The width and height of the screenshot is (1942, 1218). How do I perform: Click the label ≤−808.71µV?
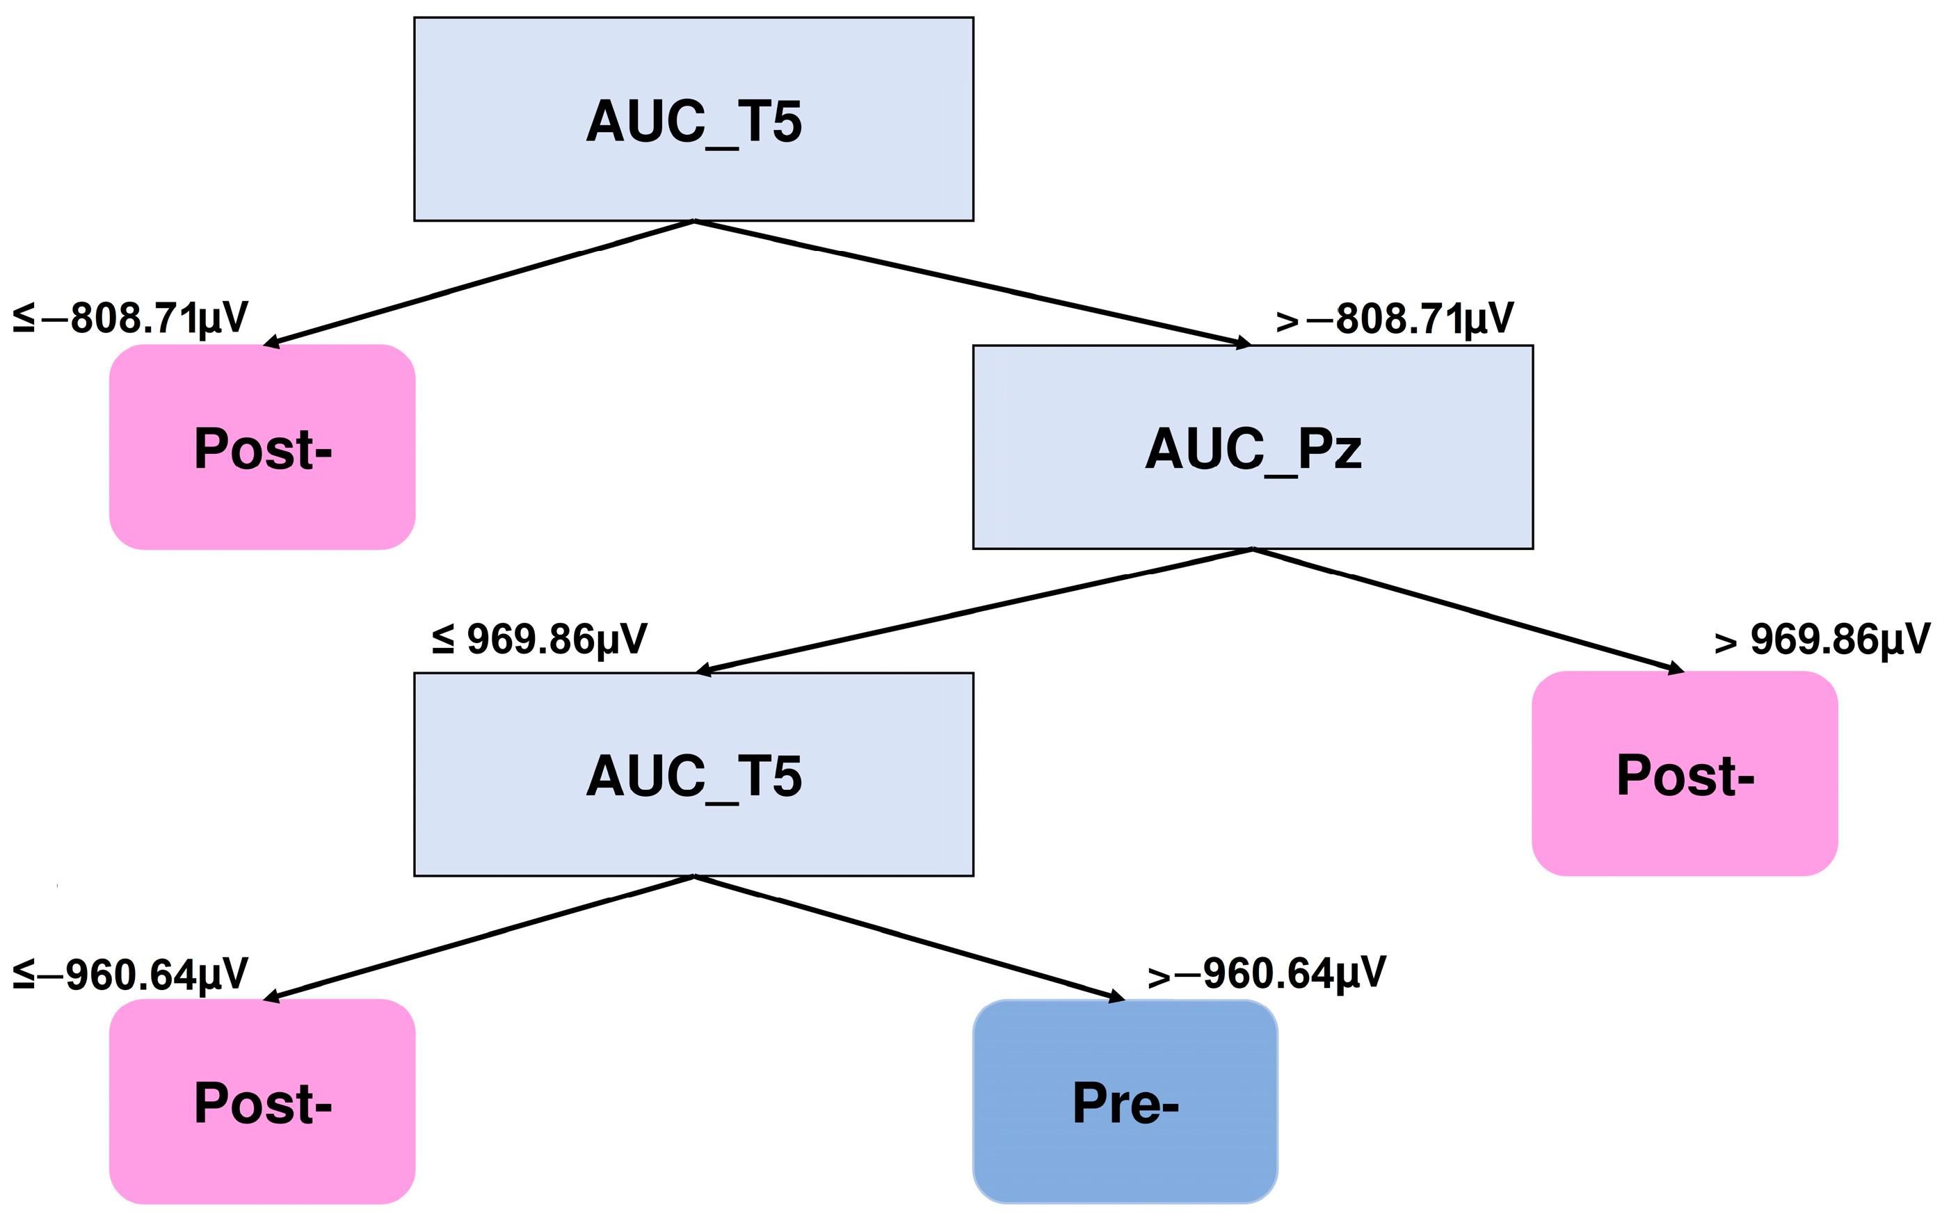(131, 318)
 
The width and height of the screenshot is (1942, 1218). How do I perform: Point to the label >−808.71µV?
(1394, 319)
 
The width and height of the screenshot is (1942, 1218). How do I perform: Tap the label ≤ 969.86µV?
(539, 640)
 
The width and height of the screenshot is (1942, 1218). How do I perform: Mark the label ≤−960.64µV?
(131, 975)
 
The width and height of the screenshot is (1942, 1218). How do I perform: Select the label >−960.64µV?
(1266, 974)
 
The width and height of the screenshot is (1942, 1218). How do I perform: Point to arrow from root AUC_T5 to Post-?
(479, 283)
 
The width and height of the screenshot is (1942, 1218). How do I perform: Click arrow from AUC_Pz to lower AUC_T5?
(975, 610)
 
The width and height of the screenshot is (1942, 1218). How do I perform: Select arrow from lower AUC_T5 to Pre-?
(909, 938)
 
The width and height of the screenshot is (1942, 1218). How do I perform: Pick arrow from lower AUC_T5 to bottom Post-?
(479, 938)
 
